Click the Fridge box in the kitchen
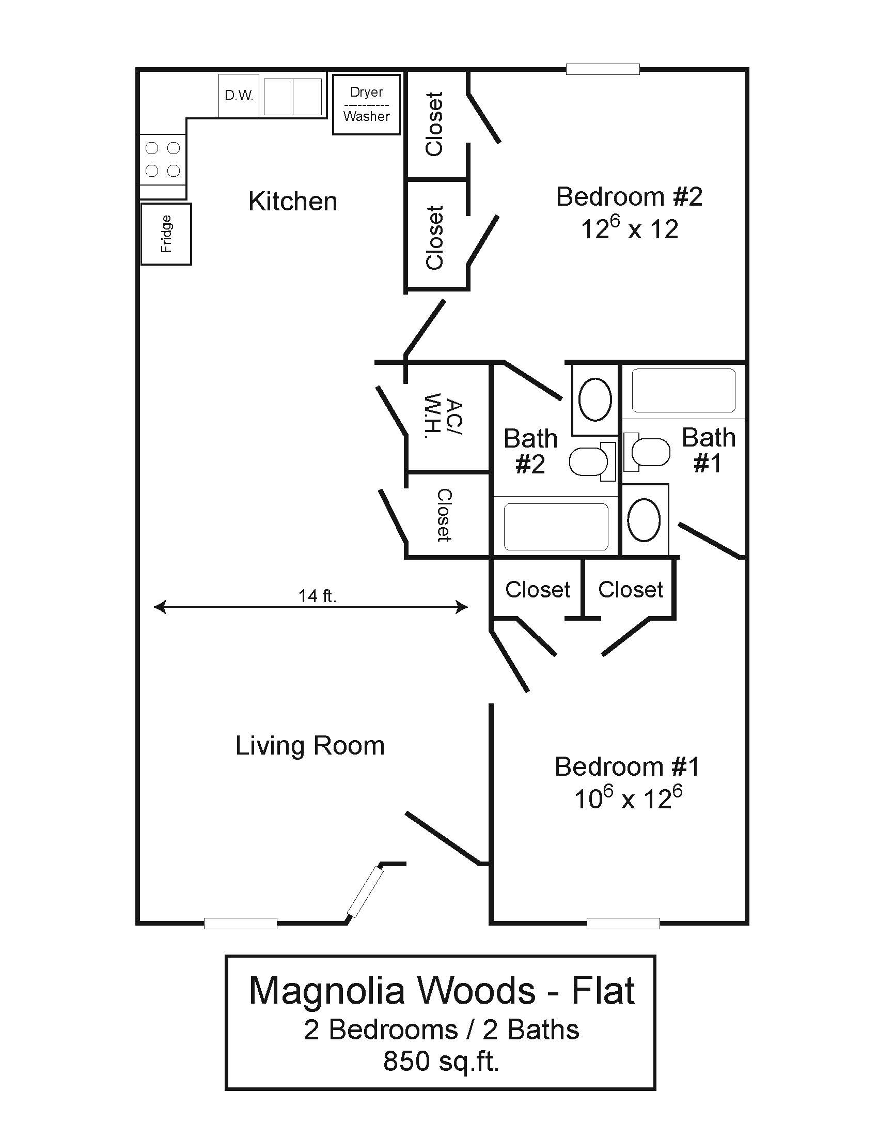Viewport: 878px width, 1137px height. [x=166, y=234]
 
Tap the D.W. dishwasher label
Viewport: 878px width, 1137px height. [x=239, y=96]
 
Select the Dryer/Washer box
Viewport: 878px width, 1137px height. [x=367, y=104]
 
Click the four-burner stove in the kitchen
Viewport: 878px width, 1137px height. [x=162, y=159]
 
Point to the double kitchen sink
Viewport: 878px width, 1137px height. [x=293, y=97]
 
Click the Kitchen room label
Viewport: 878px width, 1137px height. [x=293, y=202]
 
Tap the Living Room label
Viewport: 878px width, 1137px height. [x=310, y=745]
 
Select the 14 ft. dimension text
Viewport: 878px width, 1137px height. [x=317, y=595]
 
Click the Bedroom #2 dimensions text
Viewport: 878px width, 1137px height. [x=630, y=229]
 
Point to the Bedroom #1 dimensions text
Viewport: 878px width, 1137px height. [x=628, y=798]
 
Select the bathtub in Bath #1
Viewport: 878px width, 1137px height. [x=683, y=390]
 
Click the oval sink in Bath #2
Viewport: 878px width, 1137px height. [x=595, y=400]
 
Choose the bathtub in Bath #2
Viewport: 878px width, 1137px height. [x=556, y=526]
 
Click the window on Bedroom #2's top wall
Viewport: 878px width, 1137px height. [x=602, y=69]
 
